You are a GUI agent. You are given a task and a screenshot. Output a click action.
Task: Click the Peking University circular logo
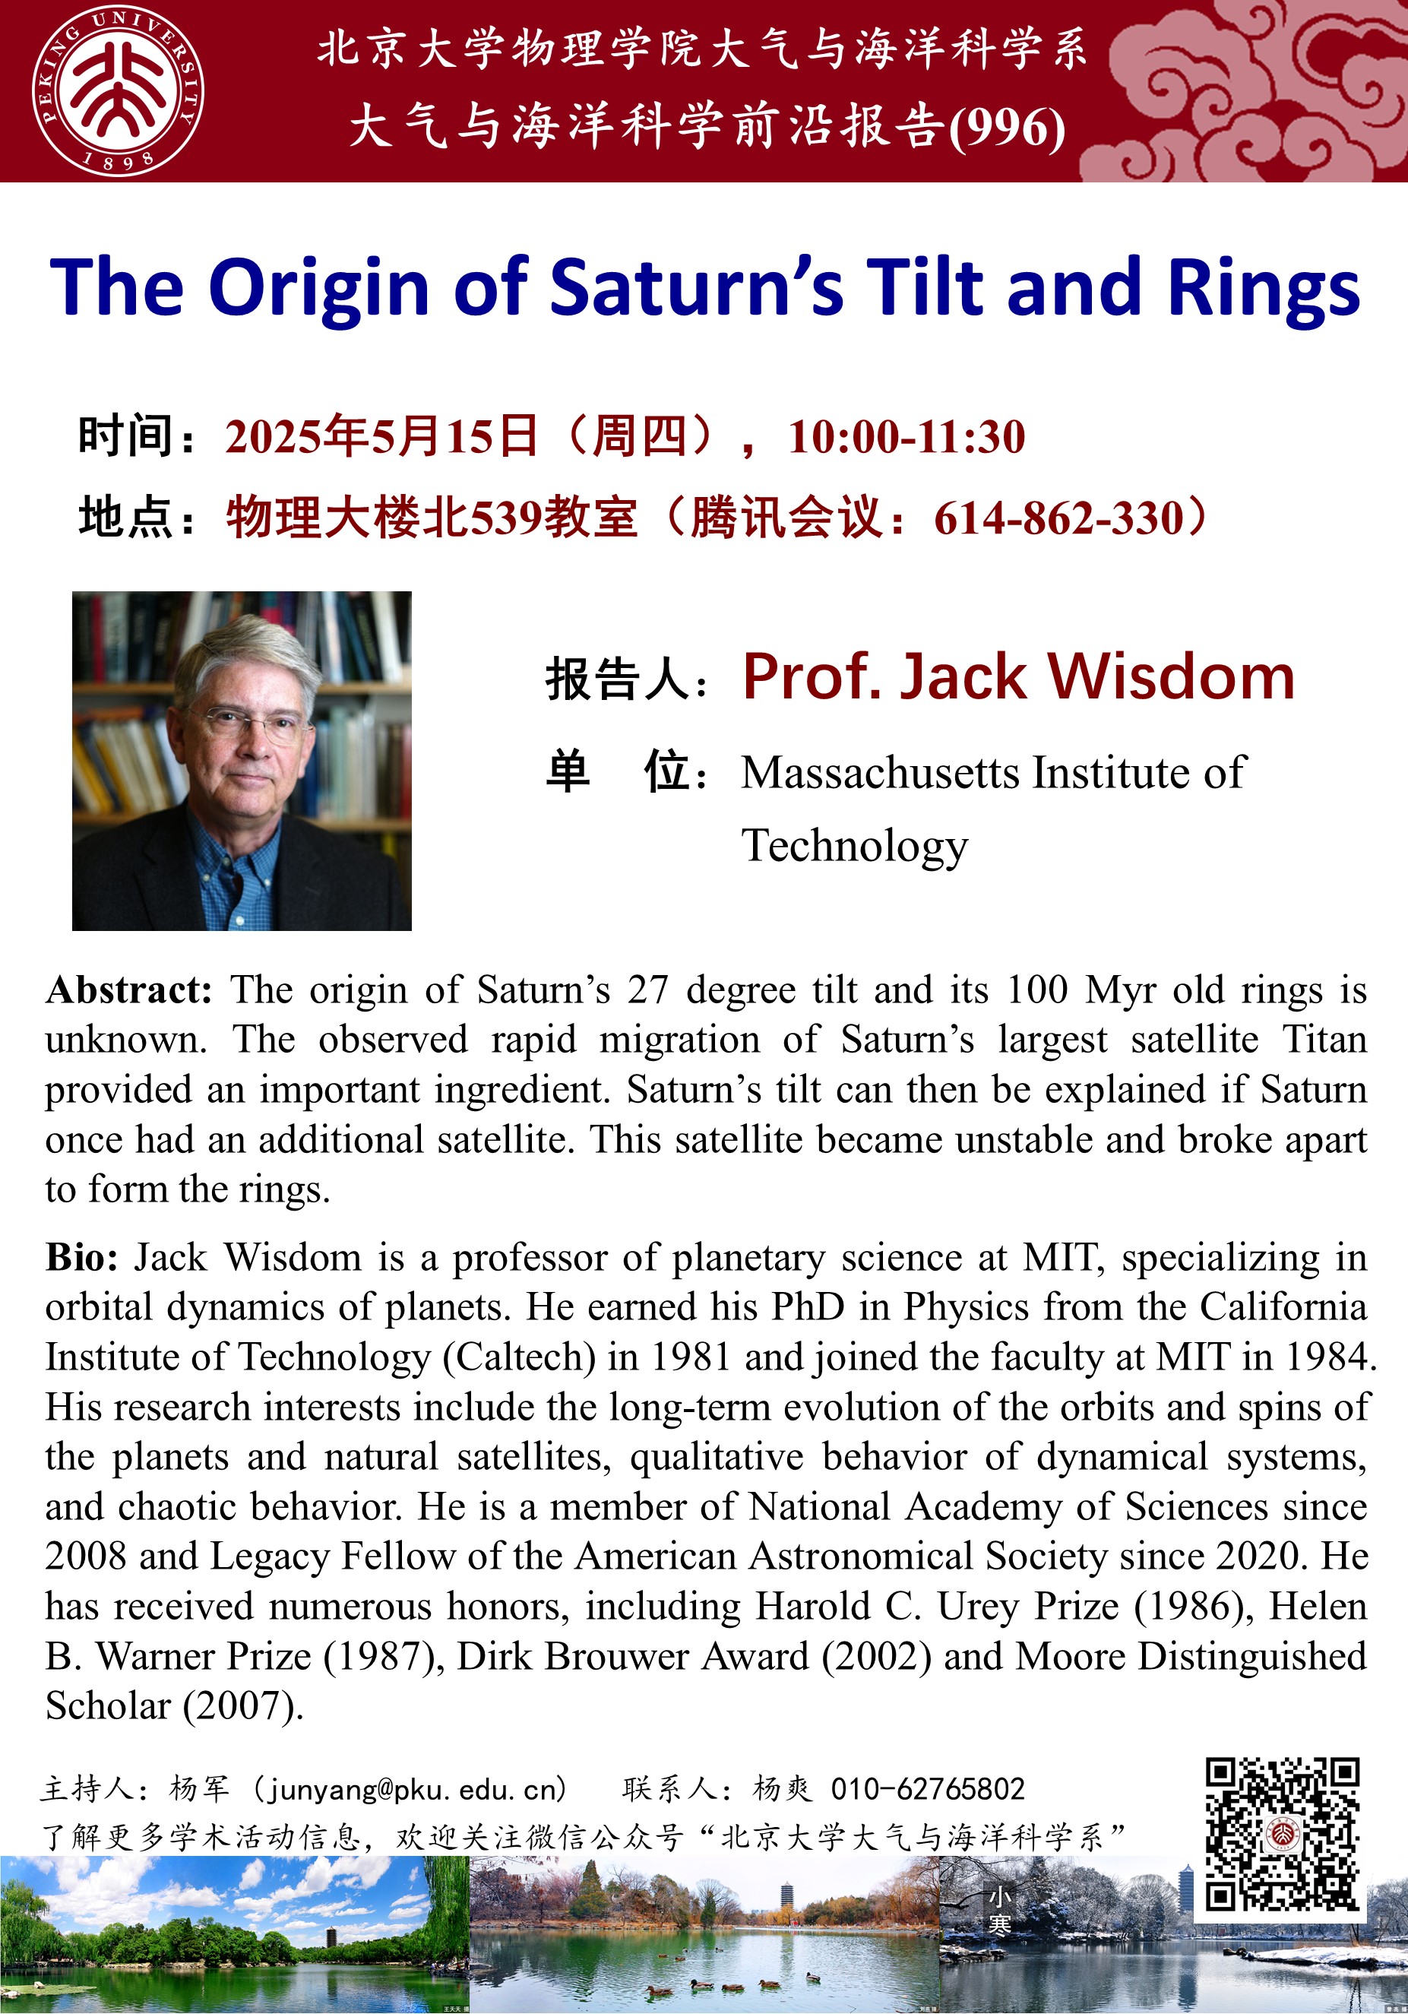118,90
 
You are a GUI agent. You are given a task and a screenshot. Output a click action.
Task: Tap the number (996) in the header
1007,127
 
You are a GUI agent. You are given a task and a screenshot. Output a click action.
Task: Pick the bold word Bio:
81,1257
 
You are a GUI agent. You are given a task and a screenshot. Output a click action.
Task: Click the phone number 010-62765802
927,1788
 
